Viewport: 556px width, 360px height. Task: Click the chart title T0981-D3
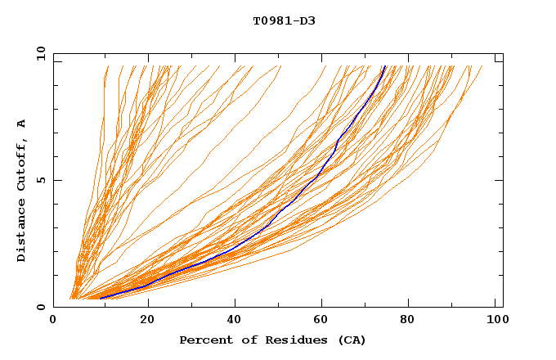284,20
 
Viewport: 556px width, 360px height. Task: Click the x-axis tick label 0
54,322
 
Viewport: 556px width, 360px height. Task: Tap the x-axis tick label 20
148,322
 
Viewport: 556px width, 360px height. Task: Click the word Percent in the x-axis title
203,340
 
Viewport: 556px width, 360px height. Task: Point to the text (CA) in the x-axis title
352,340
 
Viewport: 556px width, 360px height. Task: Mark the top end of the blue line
386,66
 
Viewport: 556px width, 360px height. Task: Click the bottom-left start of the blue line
100,299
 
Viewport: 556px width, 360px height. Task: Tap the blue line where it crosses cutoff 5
318,180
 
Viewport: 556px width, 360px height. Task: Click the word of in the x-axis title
243,340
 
